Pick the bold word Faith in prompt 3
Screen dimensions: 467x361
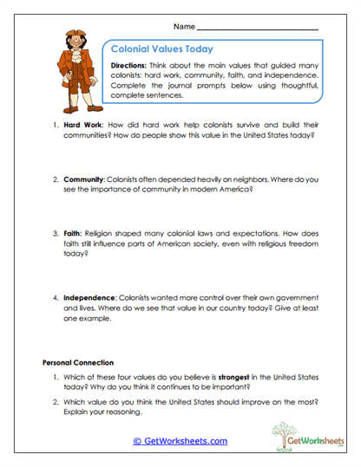[x=75, y=234]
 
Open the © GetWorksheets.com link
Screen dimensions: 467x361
[x=180, y=441]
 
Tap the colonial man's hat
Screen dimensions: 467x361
[x=75, y=34]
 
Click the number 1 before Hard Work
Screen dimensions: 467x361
[x=54, y=125]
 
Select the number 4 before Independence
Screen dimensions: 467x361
[x=54, y=297]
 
